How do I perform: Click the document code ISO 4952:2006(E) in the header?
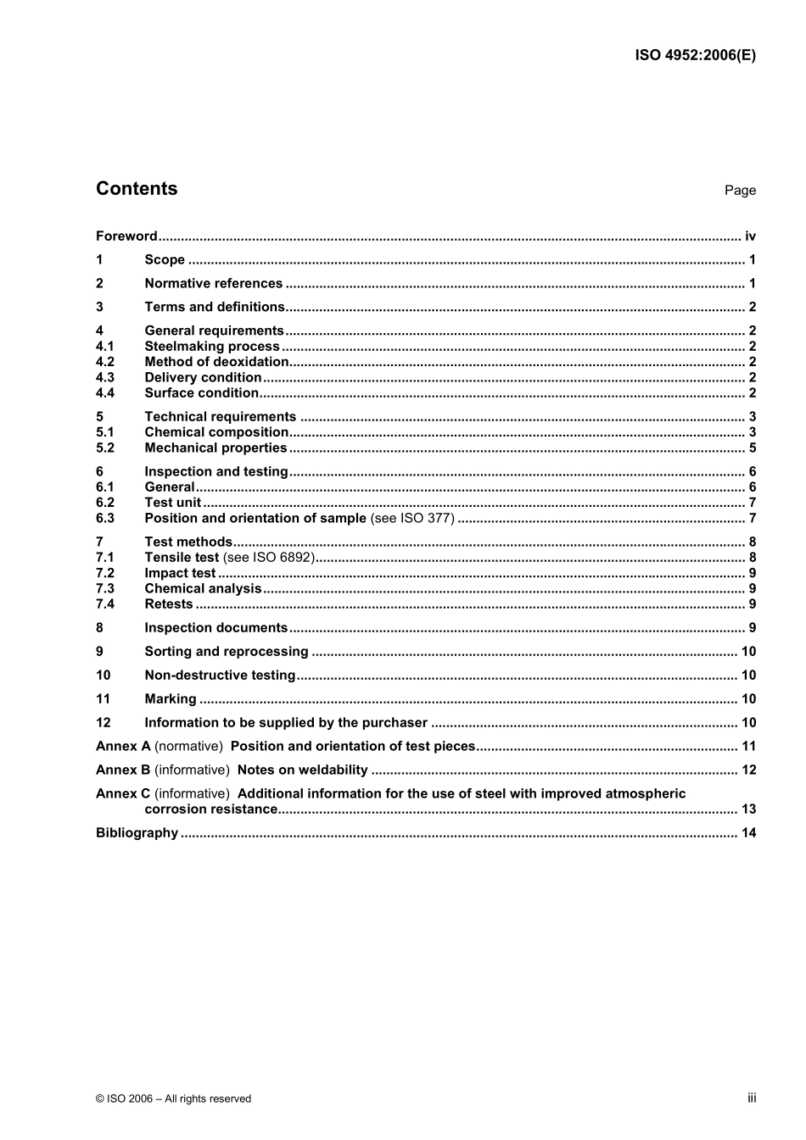coord(695,56)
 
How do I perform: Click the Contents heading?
coord(137,189)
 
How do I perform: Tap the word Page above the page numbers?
coord(740,191)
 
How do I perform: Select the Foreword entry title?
coord(126,236)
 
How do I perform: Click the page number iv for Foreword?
coord(750,236)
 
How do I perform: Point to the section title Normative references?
coord(213,284)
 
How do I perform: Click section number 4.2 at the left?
coord(105,362)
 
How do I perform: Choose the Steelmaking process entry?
coord(211,347)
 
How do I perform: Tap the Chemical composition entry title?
coord(216,432)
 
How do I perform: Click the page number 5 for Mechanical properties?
coord(752,448)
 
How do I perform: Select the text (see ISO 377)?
coord(412,519)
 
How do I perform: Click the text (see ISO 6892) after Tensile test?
coord(269,558)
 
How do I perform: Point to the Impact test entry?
coord(180,574)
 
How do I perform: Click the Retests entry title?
coord(169,604)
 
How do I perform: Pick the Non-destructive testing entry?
coord(220,676)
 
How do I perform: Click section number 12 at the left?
coord(104,723)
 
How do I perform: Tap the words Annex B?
coord(122,770)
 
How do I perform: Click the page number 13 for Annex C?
coord(748,809)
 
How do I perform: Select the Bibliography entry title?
coord(137,833)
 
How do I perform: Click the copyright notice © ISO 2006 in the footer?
coord(173,1099)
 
